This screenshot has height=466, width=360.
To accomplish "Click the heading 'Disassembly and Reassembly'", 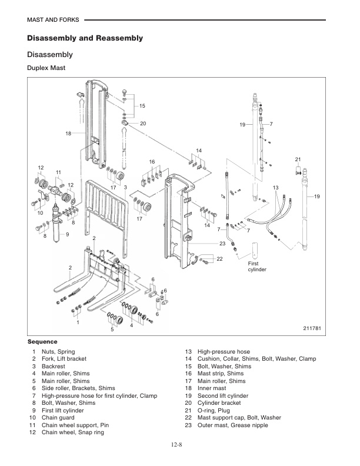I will click(85, 38).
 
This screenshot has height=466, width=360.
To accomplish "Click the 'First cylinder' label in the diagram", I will click(258, 267).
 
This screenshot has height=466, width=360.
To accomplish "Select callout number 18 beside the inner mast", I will click(69, 134).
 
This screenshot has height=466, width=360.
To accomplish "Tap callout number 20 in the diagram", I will click(143, 124).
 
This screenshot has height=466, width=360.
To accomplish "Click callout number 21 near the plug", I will click(298, 159).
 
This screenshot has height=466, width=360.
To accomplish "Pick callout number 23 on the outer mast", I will click(222, 243).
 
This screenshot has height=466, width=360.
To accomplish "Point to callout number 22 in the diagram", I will click(219, 259).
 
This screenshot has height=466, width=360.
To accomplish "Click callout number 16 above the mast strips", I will click(152, 161).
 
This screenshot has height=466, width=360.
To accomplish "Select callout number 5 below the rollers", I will click(112, 329).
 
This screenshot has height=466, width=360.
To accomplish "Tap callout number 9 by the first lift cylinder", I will click(68, 235).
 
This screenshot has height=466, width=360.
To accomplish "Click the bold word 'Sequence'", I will click(42, 342).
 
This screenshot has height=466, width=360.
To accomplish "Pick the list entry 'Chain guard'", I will click(59, 417).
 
